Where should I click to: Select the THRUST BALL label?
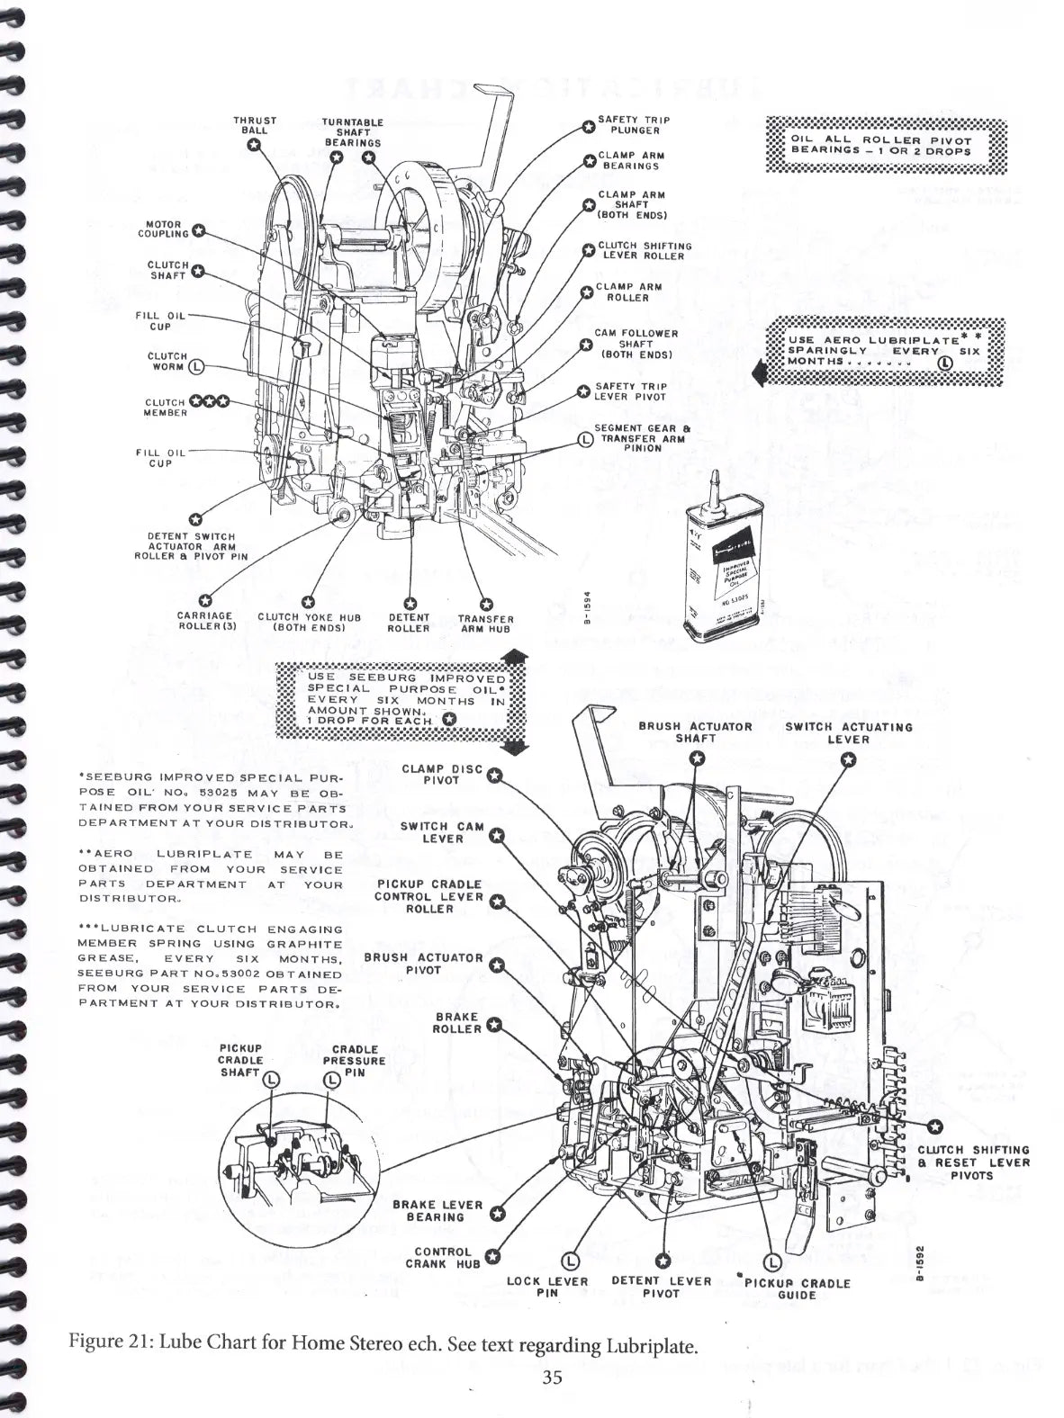[255, 125]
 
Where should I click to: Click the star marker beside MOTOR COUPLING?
[200, 229]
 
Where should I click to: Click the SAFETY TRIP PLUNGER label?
[634, 124]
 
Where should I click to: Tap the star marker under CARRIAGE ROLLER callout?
[205, 601]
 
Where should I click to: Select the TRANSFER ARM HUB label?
[485, 624]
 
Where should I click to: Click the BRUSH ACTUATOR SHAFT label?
[695, 732]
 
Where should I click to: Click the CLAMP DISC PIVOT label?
[441, 774]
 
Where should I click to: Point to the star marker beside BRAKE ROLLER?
[493, 1024]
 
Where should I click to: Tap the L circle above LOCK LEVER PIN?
[570, 1261]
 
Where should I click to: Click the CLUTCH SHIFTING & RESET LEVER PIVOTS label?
[972, 1162]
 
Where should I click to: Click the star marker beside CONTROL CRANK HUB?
[493, 1257]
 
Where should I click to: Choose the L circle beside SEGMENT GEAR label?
[585, 439]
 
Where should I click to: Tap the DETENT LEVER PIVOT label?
[661, 1288]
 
